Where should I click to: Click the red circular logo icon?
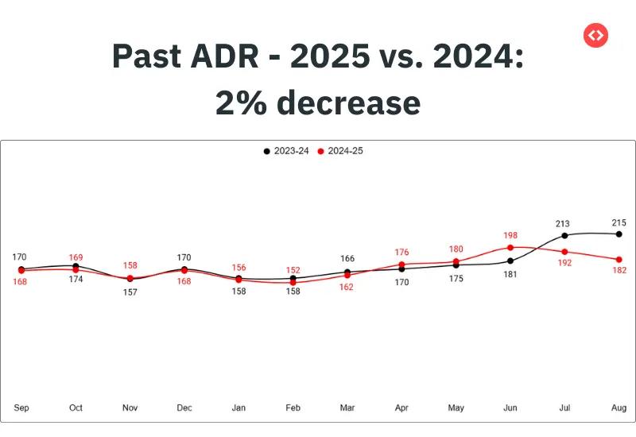point(595,35)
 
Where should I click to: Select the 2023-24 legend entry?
point(286,151)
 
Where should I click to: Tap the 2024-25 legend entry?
point(340,151)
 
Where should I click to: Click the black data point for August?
point(619,234)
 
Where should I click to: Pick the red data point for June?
point(510,248)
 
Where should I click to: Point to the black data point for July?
point(564,235)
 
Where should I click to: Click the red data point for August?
point(619,260)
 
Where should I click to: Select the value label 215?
point(619,222)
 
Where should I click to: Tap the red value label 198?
point(510,235)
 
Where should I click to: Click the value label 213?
point(563,223)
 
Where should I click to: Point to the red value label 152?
point(293,270)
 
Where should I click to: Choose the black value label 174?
point(76,279)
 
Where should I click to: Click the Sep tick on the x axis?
point(21,408)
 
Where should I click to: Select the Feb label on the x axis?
point(293,408)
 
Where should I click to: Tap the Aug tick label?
point(619,408)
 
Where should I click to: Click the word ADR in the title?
point(224,56)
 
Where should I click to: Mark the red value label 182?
point(619,270)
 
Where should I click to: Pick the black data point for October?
point(76,266)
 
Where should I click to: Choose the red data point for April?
point(401,265)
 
